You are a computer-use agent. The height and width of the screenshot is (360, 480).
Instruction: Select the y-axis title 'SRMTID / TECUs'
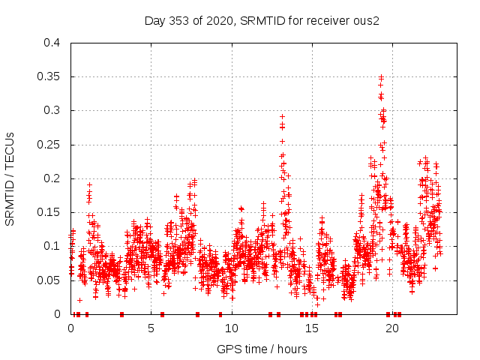[x=10, y=178]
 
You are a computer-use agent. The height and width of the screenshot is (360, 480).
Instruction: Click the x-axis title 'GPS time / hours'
[x=262, y=349]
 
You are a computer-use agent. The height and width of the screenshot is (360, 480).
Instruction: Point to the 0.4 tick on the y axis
[x=51, y=43]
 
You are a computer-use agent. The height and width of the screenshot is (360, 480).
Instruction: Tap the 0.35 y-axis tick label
[x=48, y=76]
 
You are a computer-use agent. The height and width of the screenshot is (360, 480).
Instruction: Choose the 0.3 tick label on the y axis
[x=51, y=110]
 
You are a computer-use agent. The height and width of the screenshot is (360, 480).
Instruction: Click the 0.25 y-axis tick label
[x=48, y=145]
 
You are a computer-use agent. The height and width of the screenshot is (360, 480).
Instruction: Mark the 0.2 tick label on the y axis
[x=51, y=178]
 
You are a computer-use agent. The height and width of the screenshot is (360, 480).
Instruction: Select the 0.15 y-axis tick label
[x=48, y=212]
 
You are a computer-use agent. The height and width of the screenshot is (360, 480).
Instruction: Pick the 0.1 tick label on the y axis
[x=51, y=246]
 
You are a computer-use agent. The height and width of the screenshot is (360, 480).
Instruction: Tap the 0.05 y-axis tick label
[x=48, y=280]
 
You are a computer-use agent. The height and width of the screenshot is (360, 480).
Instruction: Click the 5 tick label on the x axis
[x=151, y=328]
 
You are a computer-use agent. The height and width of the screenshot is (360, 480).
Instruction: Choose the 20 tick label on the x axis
[x=391, y=328]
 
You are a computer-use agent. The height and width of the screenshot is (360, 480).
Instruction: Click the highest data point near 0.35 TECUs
[x=381, y=76]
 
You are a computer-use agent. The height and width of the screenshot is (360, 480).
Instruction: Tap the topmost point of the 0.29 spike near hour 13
[x=282, y=116]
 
